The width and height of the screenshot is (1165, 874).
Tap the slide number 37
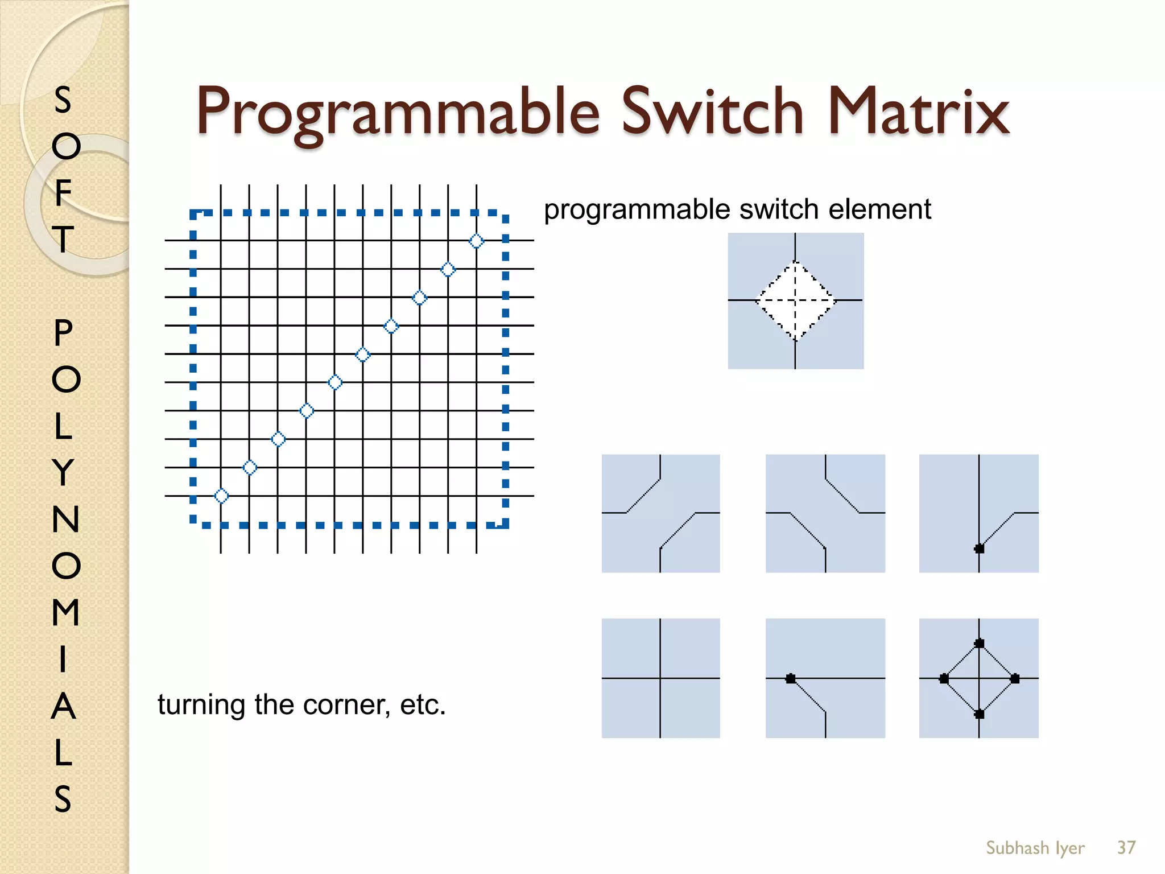click(x=1126, y=848)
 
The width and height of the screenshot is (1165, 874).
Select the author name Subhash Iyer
click(x=1035, y=848)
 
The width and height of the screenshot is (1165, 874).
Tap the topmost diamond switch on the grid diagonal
click(x=476, y=241)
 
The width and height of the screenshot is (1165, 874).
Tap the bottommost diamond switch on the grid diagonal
click(x=221, y=496)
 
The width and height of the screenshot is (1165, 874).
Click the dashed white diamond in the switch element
click(x=795, y=300)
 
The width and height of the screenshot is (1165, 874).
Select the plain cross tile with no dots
click(x=660, y=678)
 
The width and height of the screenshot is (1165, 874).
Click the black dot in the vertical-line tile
click(x=979, y=549)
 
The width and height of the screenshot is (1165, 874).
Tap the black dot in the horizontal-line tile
click(x=791, y=678)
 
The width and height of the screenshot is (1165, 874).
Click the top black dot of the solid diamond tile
click(x=979, y=644)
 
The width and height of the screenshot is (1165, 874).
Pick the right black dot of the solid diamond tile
click(x=1015, y=678)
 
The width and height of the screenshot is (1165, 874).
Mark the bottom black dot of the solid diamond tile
click(x=979, y=714)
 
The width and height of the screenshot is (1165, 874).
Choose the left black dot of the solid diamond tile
click(x=944, y=678)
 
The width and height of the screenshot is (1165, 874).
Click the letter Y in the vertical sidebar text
click(x=64, y=472)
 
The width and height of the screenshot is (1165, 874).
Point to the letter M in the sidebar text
click(x=65, y=612)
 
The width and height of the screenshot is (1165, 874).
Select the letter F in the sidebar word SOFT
click(x=63, y=192)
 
